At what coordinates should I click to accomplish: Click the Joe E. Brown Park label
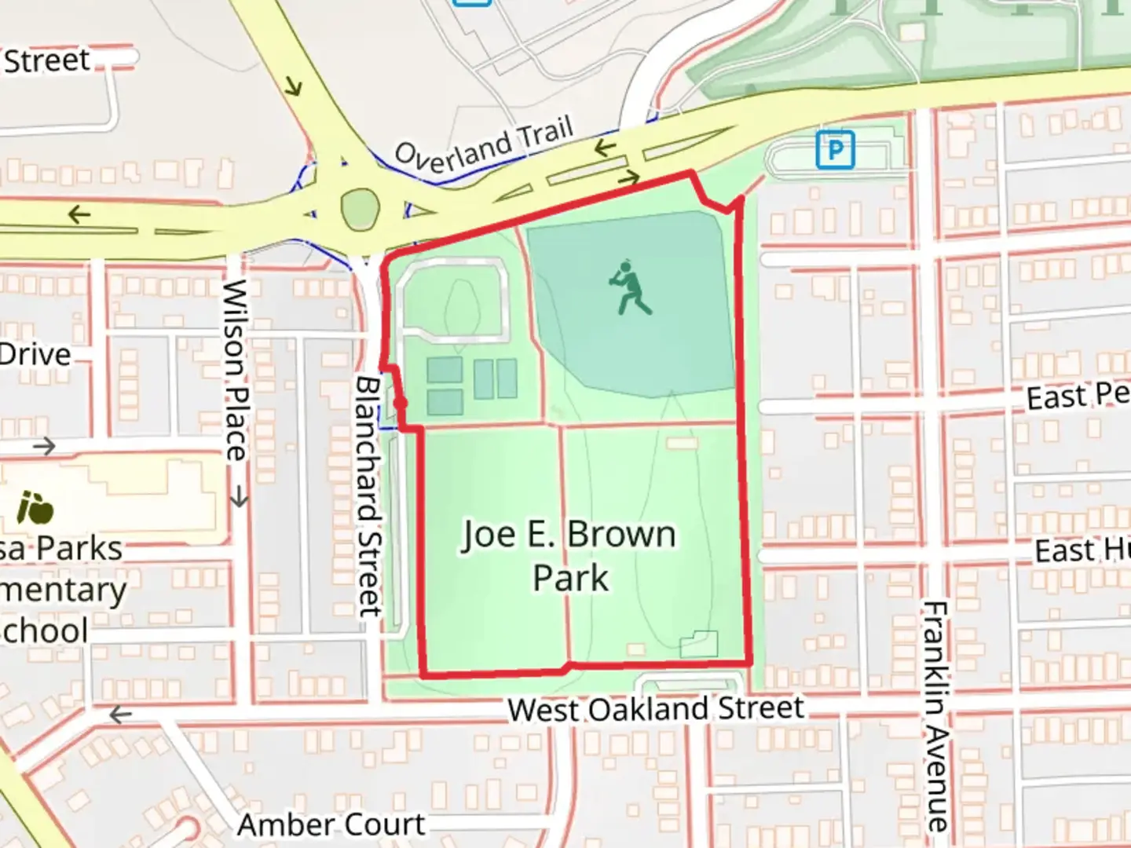point(569,556)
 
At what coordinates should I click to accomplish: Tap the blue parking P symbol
point(835,149)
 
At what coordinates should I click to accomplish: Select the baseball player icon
point(631,288)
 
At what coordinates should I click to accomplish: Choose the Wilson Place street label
point(235,371)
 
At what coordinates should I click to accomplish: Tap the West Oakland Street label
point(656,709)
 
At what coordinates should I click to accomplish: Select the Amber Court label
point(331,824)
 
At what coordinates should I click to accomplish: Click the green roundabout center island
point(361,210)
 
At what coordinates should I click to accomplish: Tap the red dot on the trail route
point(400,404)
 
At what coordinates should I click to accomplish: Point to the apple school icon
point(35,509)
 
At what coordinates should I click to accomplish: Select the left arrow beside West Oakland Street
point(120,715)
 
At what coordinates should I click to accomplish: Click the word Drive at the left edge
point(35,355)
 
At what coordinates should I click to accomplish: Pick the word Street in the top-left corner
point(47,60)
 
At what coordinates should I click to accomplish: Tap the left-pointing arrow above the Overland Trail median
point(605,148)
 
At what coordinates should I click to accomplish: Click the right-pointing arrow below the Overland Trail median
point(628,179)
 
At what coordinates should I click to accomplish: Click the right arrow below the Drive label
point(44,446)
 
